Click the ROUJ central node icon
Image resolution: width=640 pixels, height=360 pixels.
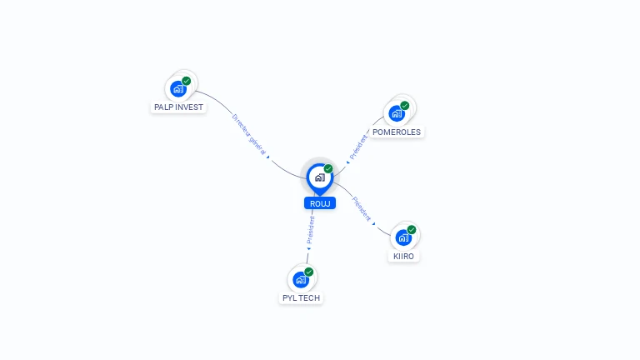[x=319, y=177]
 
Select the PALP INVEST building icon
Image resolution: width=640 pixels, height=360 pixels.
[x=177, y=88]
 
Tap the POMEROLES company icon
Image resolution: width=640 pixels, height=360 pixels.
[x=396, y=113]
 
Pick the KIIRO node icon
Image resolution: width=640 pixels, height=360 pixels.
[x=402, y=237]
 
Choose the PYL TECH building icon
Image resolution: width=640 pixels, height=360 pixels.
[x=300, y=279]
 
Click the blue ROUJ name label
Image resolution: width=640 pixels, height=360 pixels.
[x=319, y=203]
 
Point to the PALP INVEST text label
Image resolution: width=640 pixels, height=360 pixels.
[x=178, y=107]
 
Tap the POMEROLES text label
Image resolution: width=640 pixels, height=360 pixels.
[x=397, y=132]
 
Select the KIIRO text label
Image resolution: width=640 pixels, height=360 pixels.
[x=403, y=257]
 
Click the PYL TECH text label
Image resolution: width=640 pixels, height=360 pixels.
[x=301, y=298]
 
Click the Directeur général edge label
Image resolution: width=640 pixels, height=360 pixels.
[x=248, y=133]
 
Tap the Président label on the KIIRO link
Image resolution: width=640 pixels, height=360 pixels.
[x=362, y=208]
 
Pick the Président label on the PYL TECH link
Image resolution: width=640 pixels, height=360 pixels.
[x=311, y=230]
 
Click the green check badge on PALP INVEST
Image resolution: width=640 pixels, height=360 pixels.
[x=186, y=81]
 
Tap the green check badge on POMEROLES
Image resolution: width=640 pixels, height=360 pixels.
[x=405, y=106]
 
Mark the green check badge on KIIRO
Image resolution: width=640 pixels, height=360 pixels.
[x=412, y=230]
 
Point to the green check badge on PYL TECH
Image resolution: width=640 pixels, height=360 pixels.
[x=309, y=272]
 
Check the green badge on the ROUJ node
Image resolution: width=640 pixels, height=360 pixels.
[x=328, y=168]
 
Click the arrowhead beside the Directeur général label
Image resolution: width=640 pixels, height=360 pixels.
[x=268, y=156]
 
